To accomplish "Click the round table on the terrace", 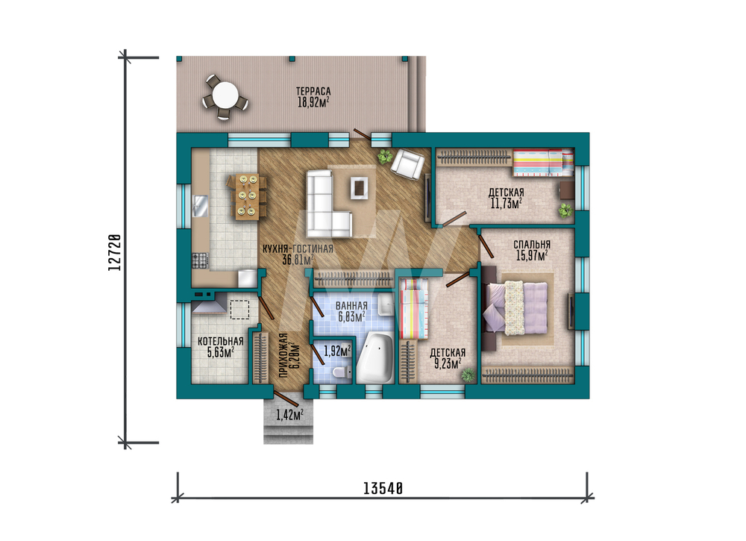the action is (x=225, y=96).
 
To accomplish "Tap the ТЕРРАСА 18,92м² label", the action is (x=313, y=96).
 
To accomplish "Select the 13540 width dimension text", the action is (x=383, y=489).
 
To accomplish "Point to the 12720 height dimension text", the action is (x=114, y=253).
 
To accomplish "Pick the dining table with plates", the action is (x=248, y=196).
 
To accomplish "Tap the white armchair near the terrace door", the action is (x=407, y=163).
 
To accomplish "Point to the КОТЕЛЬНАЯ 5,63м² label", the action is (x=220, y=347).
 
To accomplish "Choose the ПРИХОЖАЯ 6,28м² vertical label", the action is (x=289, y=355).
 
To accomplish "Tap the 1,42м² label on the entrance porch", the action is (x=289, y=415).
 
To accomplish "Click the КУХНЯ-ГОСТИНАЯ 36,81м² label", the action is (x=298, y=254).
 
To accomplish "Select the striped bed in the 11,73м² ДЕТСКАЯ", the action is (x=543, y=163).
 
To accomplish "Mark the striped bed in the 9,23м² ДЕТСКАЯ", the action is (x=414, y=309).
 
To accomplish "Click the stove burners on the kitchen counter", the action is (x=200, y=260).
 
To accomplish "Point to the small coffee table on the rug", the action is (x=360, y=187).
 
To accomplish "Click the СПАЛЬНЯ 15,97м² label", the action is (x=532, y=250).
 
